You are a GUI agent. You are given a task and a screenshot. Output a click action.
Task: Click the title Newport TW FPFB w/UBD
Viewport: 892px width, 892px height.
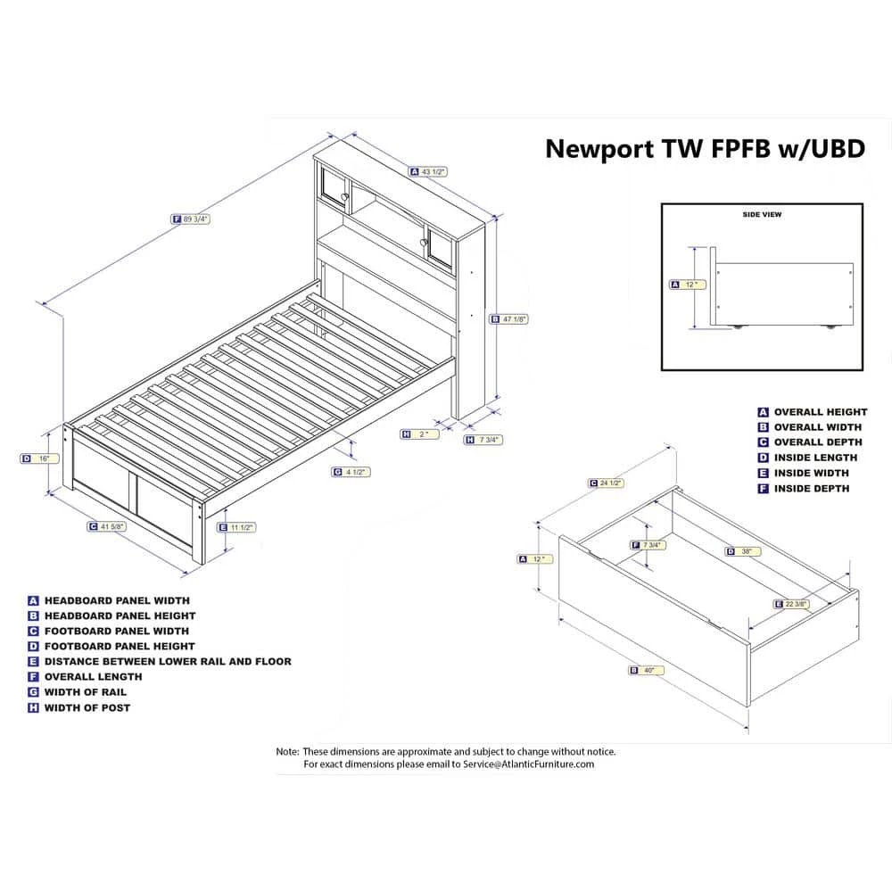[705, 148]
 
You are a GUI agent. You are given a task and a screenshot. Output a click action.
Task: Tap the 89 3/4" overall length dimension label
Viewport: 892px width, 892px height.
[195, 219]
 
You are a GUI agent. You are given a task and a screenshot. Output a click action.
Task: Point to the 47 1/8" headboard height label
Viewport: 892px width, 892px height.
[514, 318]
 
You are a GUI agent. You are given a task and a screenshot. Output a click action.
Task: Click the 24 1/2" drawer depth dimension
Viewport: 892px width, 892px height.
[611, 483]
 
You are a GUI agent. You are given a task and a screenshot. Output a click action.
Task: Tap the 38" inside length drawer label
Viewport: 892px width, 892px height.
[747, 551]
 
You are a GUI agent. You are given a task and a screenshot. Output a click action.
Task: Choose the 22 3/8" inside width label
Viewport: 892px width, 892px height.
[796, 604]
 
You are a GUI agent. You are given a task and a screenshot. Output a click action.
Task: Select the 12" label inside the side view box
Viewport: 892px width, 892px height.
[689, 285]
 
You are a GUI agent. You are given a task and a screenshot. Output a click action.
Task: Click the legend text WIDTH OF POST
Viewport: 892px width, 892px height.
[87, 707]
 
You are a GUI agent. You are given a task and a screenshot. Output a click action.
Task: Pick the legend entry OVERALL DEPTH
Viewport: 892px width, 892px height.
[818, 442]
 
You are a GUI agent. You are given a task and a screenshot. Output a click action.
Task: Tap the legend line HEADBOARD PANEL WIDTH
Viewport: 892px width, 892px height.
[116, 600]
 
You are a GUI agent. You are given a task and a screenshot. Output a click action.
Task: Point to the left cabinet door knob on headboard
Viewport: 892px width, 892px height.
[346, 195]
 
